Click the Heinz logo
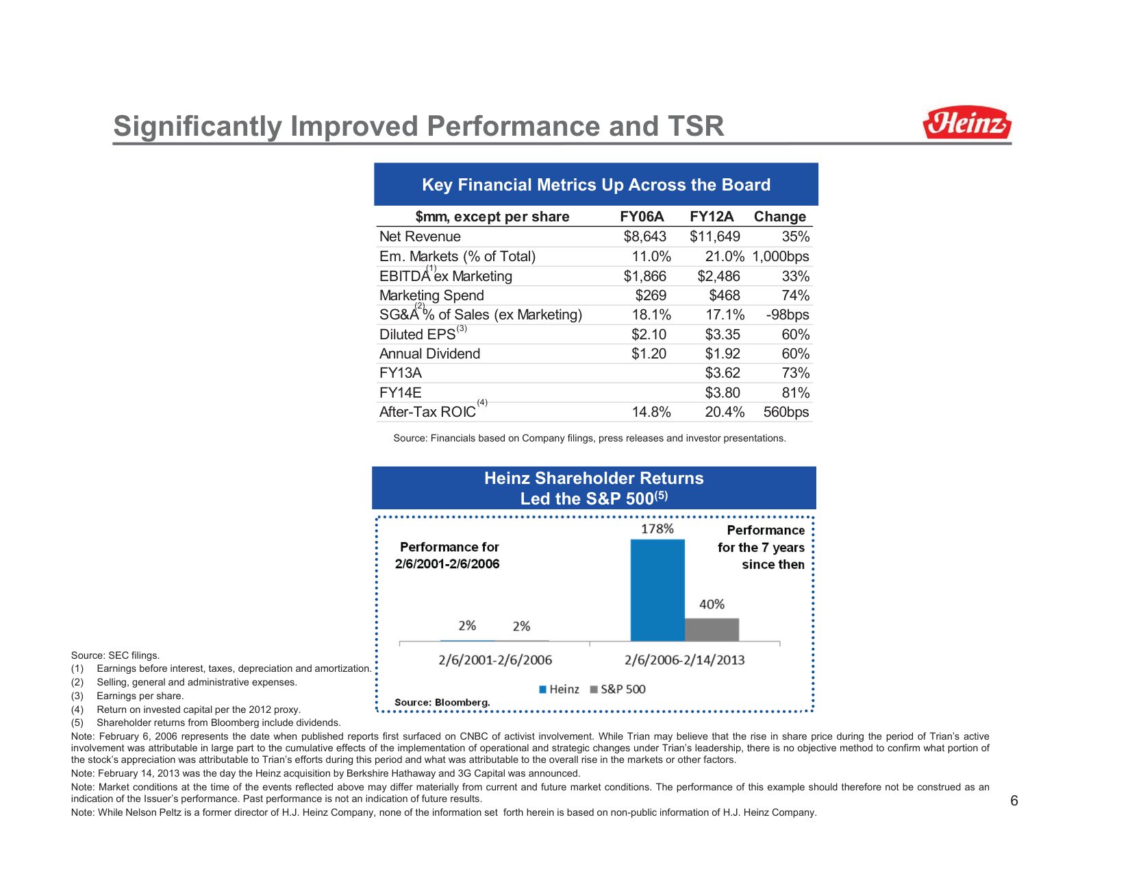click(x=966, y=123)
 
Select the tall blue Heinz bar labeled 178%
click(x=657, y=590)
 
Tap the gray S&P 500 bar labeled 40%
click(x=712, y=629)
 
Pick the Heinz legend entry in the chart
click(x=559, y=689)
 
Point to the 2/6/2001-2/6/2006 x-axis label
click(x=495, y=660)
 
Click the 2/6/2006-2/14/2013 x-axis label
click(x=684, y=660)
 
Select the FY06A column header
click(x=642, y=217)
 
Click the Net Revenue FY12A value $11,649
click(x=714, y=236)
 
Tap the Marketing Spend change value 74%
click(x=795, y=295)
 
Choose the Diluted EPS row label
click(x=417, y=335)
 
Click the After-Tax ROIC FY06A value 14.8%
click(x=651, y=412)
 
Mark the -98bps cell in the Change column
click(x=787, y=315)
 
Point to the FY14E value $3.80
click(x=723, y=393)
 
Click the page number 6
click(x=1014, y=801)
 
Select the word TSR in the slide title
click(x=692, y=126)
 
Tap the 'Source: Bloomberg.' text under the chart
click(x=442, y=703)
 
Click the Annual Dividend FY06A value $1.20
click(x=649, y=354)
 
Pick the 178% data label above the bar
click(x=657, y=529)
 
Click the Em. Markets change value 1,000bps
click(x=780, y=256)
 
